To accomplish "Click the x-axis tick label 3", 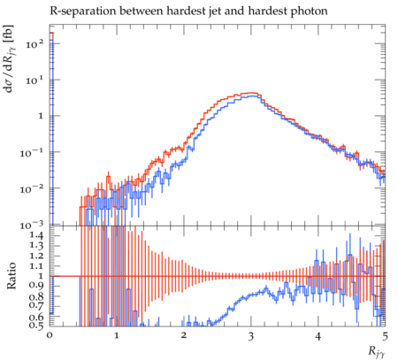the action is tap(250, 336).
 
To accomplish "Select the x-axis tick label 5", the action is tap(385, 336).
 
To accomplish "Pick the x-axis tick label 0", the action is tap(50, 336).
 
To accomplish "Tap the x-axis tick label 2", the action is tap(184, 336).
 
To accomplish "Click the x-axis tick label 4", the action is tap(318, 336).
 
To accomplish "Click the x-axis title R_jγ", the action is tap(377, 351).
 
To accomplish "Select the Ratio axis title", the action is tap(11, 275).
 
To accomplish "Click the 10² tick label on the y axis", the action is tap(34, 44).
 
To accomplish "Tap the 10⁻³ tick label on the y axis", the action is tap(32, 226).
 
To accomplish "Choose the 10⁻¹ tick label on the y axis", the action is tap(32, 153).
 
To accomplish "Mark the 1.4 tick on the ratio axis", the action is tap(36, 235).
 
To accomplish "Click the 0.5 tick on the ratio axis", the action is tap(36, 326).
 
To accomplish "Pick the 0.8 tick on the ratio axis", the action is tap(36, 296).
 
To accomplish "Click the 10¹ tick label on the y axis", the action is tap(34, 80).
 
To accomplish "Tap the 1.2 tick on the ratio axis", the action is tap(36, 256).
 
